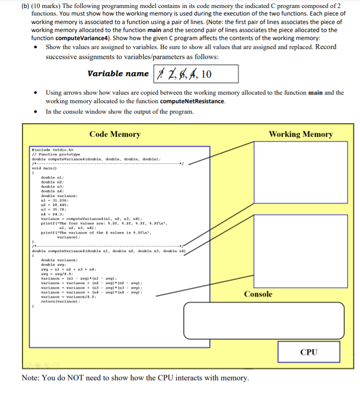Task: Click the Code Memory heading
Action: point(115,134)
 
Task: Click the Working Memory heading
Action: point(300,134)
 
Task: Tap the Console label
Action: point(258,294)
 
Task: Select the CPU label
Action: point(309,352)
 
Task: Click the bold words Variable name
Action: point(118,74)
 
